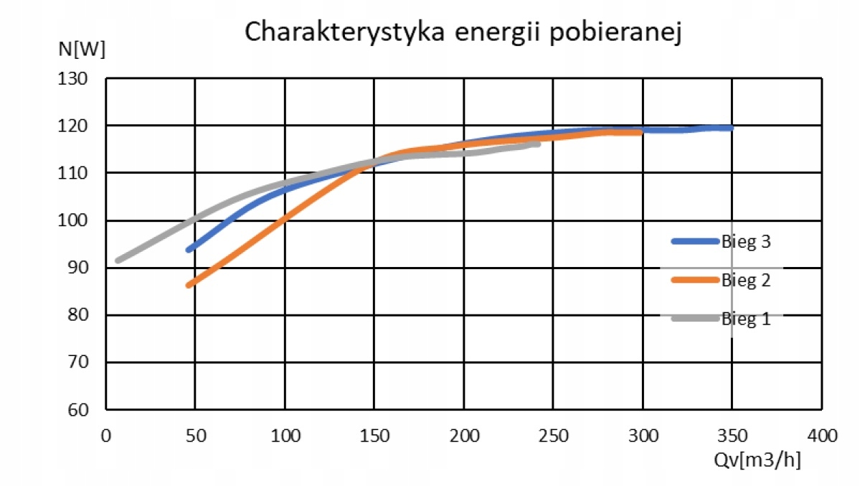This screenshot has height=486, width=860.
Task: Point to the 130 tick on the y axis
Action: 72,78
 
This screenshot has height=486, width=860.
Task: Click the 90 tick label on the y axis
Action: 76,268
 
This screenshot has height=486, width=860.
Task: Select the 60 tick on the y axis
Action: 76,410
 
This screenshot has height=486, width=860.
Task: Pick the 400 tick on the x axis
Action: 822,436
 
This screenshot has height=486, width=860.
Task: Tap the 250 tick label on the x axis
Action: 553,436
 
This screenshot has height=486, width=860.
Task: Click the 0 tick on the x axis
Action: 106,436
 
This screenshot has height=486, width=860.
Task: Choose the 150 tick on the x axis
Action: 374,436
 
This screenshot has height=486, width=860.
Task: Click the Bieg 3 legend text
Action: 746,242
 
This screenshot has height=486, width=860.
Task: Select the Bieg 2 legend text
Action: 746,281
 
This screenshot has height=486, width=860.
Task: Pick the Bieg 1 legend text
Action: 746,319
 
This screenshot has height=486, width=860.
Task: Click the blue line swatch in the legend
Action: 694,242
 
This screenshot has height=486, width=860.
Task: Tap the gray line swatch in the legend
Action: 694,319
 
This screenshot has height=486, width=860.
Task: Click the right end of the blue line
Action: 730,128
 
